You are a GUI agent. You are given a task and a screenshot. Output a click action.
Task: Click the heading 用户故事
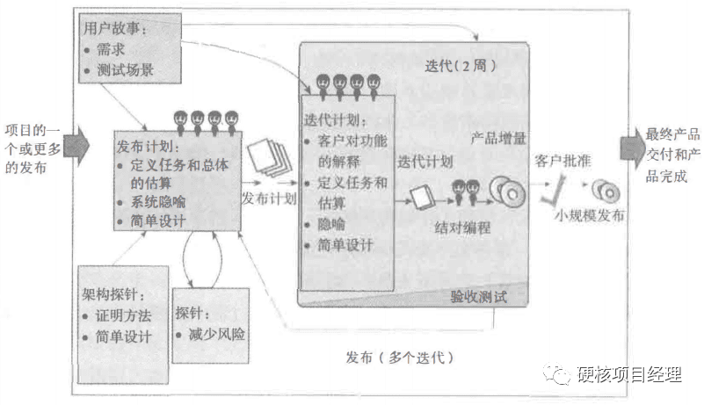(115, 29)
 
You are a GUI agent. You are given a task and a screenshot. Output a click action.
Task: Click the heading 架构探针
(111, 293)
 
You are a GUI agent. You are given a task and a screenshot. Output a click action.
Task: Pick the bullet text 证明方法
(123, 315)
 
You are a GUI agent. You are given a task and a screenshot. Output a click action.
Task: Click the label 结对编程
(462, 227)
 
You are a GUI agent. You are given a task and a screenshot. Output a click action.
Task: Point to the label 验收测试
(479, 296)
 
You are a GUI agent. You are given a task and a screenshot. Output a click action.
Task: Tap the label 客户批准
(562, 161)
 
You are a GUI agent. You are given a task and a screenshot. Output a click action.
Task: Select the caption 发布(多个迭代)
(399, 358)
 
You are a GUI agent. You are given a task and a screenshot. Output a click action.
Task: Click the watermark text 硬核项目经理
(628, 375)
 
